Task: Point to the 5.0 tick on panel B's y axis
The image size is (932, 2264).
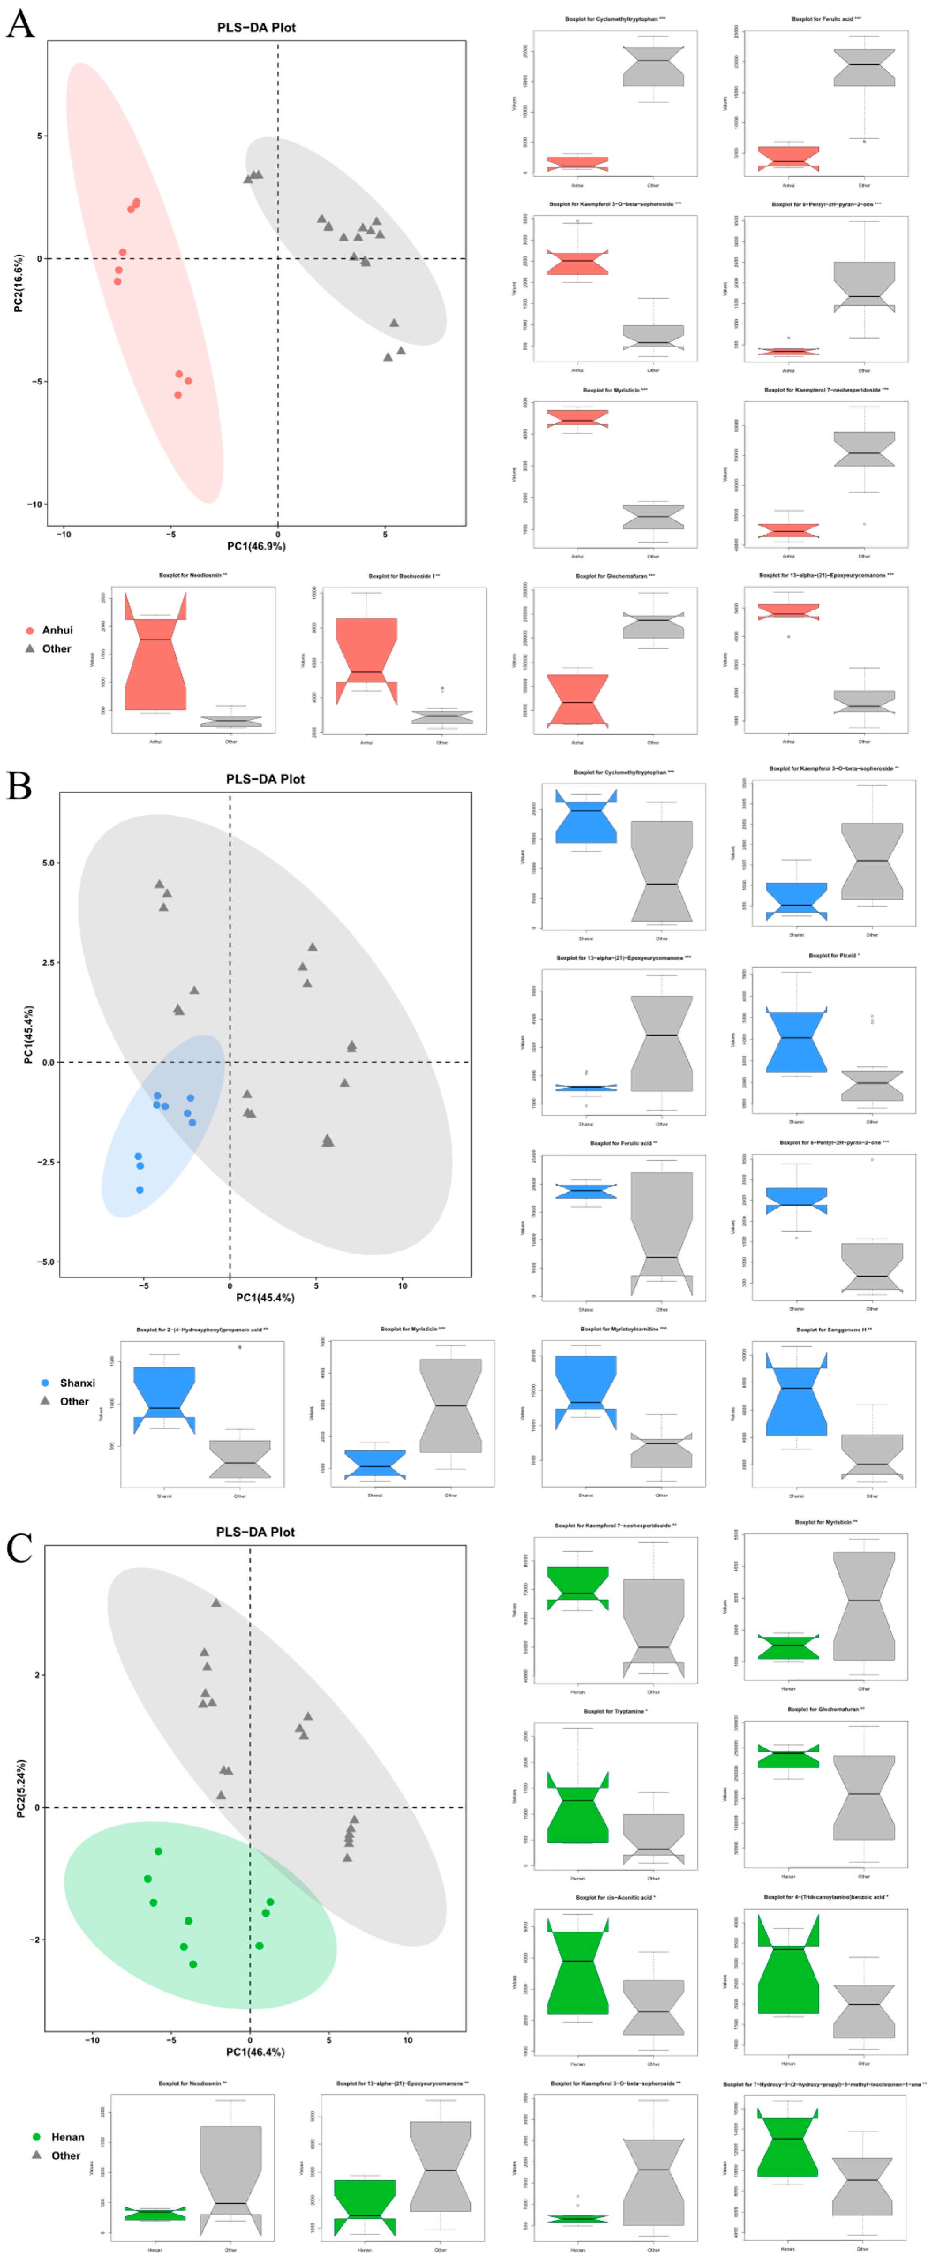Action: point(49,863)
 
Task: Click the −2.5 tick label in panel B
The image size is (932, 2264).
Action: point(44,1162)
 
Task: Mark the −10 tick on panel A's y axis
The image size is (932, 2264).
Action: point(35,505)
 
